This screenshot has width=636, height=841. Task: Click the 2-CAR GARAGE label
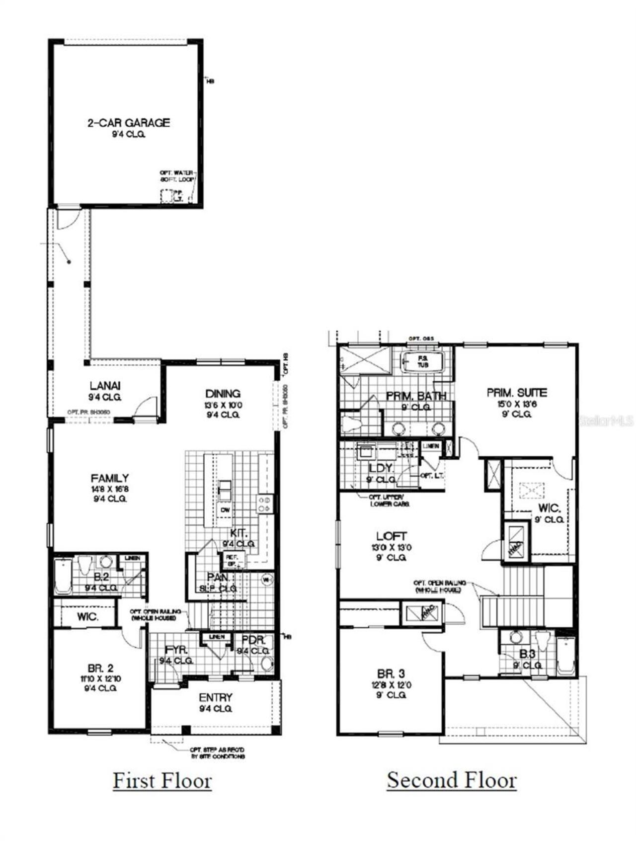tap(129, 123)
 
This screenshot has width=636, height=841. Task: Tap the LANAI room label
tap(105, 385)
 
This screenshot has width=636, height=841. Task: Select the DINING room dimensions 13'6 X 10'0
tap(223, 405)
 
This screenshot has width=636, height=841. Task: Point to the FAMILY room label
tap(110, 478)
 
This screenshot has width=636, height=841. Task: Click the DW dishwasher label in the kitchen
tap(225, 510)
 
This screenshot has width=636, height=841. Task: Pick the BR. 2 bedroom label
tap(100, 669)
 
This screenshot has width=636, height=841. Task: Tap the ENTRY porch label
tap(216, 697)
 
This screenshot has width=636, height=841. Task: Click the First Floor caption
tap(162, 780)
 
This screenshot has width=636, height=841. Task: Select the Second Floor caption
tap(452, 780)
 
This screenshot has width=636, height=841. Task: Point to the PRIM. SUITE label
tap(517, 393)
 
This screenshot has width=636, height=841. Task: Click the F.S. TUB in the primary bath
tap(422, 361)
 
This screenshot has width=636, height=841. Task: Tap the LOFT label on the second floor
tap(392, 536)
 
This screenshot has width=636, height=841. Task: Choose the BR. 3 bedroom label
tap(391, 674)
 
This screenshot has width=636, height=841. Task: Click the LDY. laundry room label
tap(381, 468)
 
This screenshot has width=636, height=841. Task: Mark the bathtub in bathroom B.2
tap(63, 577)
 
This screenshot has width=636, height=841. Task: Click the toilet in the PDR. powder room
tap(267, 663)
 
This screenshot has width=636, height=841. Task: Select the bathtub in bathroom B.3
tap(565, 657)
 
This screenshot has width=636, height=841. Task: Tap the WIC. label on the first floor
tap(87, 617)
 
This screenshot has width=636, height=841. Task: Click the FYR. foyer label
tap(175, 650)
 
